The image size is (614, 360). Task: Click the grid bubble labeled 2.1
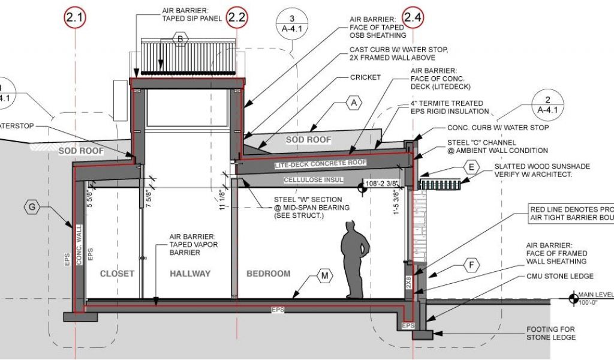point(74,17)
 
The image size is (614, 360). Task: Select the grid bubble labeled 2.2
point(237,17)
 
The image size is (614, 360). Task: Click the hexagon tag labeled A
point(354,103)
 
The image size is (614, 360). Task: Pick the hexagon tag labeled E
point(471,167)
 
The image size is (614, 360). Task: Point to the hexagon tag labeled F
point(472,264)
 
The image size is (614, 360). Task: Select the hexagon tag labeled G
point(32,207)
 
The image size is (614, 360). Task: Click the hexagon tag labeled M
point(324,276)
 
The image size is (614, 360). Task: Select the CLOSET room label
point(117,274)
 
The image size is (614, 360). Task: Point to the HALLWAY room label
point(190,274)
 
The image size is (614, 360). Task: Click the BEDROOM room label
point(268,274)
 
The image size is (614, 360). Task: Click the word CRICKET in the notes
point(366,78)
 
